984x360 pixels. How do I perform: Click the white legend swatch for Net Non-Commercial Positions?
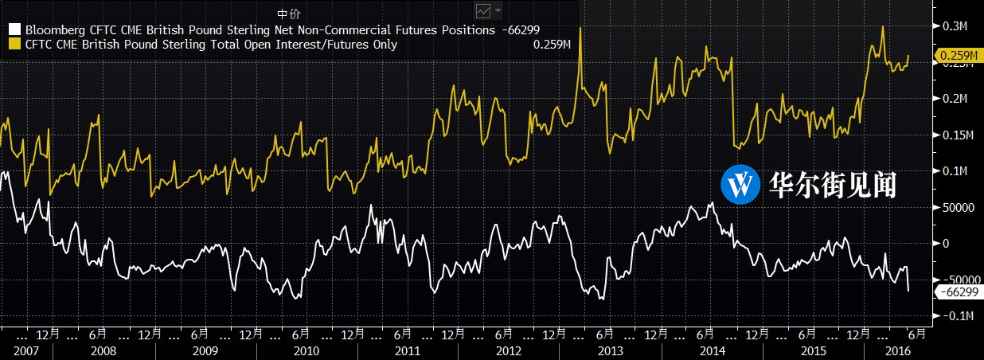tap(13, 29)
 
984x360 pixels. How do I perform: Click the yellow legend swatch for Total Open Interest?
tap(13, 45)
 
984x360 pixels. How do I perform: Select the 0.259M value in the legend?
tap(553, 45)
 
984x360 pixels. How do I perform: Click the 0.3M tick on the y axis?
tap(955, 25)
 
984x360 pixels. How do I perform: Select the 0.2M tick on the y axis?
tap(955, 99)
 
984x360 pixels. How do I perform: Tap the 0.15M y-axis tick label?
tap(957, 135)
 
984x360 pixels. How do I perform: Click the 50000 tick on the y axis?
tap(957, 208)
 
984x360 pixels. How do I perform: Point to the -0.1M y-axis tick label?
tap(957, 316)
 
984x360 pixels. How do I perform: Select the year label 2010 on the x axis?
tap(307, 350)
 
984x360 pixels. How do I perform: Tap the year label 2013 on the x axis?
tap(611, 350)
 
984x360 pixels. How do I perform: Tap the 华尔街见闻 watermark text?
tap(833, 185)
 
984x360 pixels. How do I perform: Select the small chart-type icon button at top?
tap(483, 11)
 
